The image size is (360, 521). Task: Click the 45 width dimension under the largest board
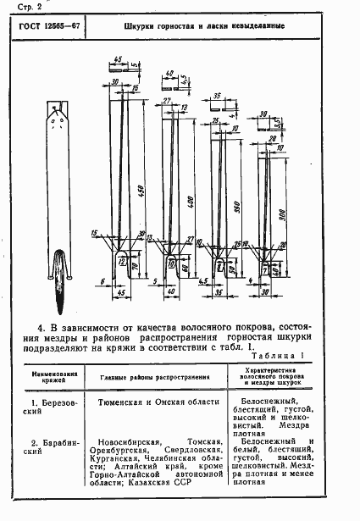tap(122, 293)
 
